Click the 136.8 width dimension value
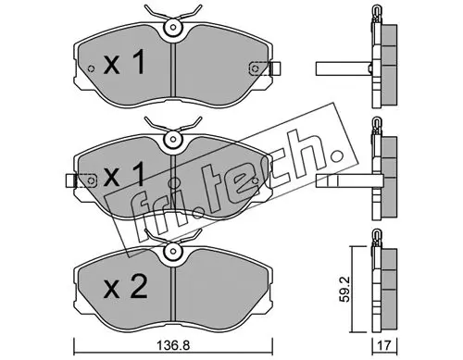(173, 345)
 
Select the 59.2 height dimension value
(345, 290)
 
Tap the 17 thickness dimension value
(384, 345)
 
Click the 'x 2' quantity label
(125, 287)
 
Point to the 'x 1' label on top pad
(124, 63)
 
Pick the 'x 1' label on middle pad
(124, 175)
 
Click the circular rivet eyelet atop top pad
(173, 27)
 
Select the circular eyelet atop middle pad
(173, 139)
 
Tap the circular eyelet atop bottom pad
(173, 251)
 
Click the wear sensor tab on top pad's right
(275, 68)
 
